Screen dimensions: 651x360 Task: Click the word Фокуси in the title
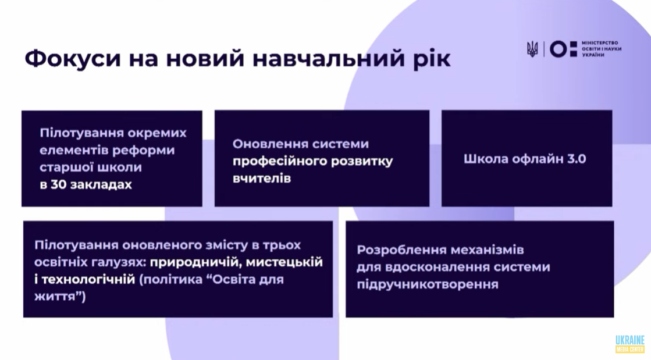73,59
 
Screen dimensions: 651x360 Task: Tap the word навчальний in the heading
328,59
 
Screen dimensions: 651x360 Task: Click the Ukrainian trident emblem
532,49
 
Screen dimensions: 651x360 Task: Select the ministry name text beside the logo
602,49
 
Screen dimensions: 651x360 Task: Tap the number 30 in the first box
59,185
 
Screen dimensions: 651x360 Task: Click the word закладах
101,185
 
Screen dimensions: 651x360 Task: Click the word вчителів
262,179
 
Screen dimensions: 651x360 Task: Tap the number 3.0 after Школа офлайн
577,159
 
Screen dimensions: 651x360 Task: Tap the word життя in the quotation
55,297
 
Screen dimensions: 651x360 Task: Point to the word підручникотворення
428,285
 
